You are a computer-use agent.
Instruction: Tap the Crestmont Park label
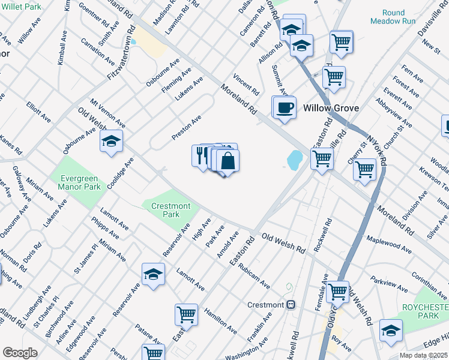[171, 210]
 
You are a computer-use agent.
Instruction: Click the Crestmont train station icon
[291, 305]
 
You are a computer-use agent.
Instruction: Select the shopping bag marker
[228, 161]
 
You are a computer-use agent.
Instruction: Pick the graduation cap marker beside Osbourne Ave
[110, 142]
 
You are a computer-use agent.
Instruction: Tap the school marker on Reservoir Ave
[154, 274]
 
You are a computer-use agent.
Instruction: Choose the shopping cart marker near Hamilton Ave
[187, 314]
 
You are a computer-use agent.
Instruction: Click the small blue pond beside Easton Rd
[295, 160]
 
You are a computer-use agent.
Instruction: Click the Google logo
[20, 353]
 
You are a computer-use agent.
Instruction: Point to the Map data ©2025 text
[424, 355]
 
